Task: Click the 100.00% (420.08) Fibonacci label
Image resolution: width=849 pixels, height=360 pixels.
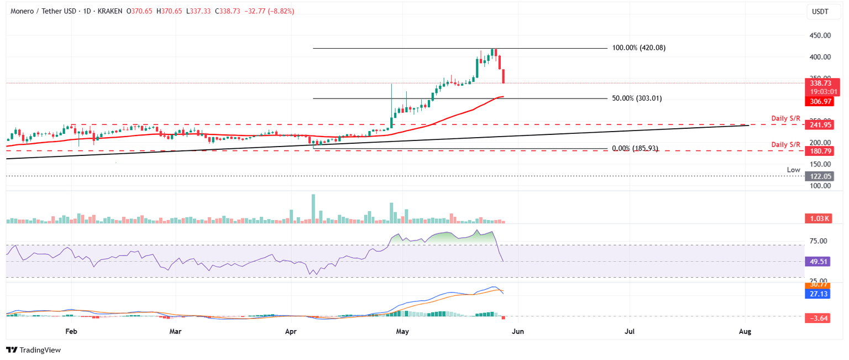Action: [638, 48]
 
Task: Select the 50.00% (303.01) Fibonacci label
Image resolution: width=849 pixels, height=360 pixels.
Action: [637, 98]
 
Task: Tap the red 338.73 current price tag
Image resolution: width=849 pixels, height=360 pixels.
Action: [820, 83]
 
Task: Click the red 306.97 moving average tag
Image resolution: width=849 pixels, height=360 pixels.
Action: [820, 101]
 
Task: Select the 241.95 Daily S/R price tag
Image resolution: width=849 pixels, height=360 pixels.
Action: [820, 125]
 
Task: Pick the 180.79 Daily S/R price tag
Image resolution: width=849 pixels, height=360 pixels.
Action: [820, 150]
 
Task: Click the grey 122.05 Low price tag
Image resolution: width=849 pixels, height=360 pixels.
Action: [820, 176]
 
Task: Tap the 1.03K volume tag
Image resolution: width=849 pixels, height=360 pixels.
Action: [820, 219]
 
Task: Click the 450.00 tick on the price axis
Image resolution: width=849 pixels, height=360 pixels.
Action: [819, 35]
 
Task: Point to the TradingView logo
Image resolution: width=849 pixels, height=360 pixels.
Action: [33, 350]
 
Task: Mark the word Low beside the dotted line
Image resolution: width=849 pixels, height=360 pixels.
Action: [794, 170]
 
